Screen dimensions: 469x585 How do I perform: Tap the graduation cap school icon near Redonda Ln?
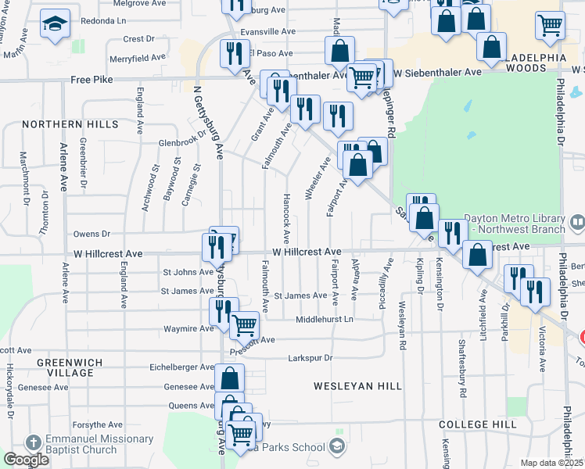55,26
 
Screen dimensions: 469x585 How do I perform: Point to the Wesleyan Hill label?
357,386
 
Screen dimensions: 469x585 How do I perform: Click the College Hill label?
477,424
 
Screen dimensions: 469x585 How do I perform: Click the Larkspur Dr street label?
310,358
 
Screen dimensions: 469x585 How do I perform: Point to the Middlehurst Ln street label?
325,320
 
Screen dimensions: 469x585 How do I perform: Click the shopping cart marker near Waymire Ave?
245,324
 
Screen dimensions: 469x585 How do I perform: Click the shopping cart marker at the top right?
550,25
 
